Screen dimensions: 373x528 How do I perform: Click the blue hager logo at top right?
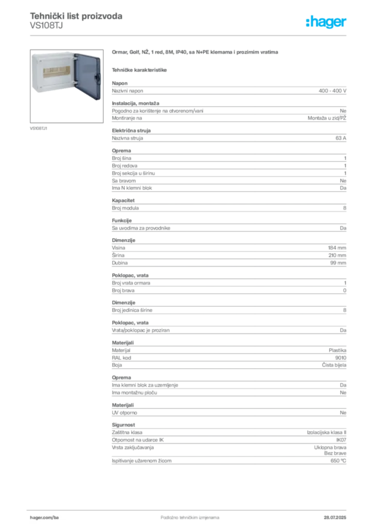click(x=327, y=23)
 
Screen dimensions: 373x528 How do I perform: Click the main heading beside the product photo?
click(x=196, y=53)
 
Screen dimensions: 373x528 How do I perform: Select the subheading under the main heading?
click(x=140, y=70)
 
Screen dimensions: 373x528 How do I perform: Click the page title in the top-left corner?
click(x=76, y=16)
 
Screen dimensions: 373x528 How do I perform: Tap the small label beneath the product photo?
click(x=39, y=127)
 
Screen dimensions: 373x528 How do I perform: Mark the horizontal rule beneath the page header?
click(x=190, y=35)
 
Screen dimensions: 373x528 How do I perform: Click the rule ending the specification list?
click(x=228, y=465)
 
